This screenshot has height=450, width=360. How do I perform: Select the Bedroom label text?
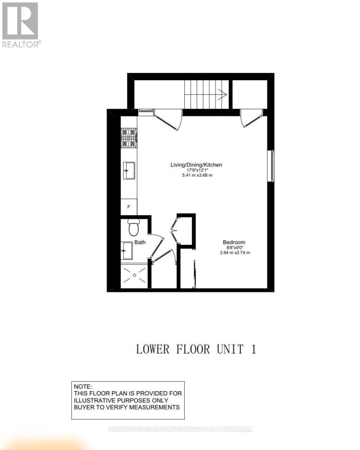pos(234,242)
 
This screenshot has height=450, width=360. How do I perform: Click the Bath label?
pos(140,243)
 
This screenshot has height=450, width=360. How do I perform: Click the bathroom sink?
pos(127,250)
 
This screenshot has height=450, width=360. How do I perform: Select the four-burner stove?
pos(129,138)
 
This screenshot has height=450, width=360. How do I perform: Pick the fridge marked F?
pos(129,207)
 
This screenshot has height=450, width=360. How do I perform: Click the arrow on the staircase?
pos(221,95)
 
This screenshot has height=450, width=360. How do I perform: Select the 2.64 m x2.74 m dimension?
pos(235,253)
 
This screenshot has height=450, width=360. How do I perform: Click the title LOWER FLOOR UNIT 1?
pos(196,349)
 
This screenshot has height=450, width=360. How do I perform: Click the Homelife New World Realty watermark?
pos(180,429)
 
